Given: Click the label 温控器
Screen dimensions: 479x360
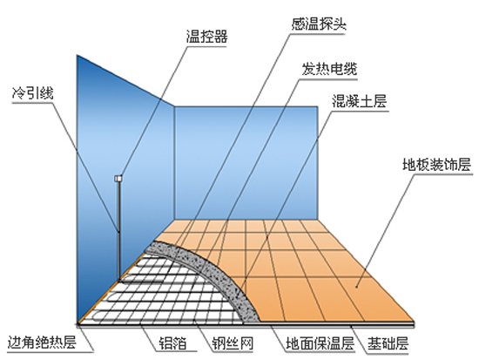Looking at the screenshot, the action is (x=206, y=37).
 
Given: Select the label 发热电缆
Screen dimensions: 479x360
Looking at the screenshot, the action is (x=329, y=69).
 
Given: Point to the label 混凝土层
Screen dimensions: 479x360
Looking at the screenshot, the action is (x=360, y=101).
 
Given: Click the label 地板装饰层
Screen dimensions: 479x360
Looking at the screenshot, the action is (x=437, y=164).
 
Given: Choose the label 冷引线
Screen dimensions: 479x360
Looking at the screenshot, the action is (x=33, y=93).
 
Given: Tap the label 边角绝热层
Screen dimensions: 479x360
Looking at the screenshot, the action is (x=42, y=343).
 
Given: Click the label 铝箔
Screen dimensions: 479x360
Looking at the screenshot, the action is (x=172, y=343).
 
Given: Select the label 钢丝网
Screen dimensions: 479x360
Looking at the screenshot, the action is (x=233, y=343).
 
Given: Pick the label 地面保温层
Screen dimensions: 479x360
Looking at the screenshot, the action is (x=320, y=343).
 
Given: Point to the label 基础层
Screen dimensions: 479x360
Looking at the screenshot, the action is (x=388, y=343).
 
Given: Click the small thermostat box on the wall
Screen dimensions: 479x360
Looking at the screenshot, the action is (x=118, y=178).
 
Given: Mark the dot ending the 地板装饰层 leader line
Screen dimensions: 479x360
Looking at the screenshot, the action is (x=356, y=287).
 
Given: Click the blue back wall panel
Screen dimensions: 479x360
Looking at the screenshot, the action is (x=246, y=163).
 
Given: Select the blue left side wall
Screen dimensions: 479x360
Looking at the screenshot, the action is (x=125, y=184).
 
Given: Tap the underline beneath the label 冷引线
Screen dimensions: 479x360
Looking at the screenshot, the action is (x=33, y=103).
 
